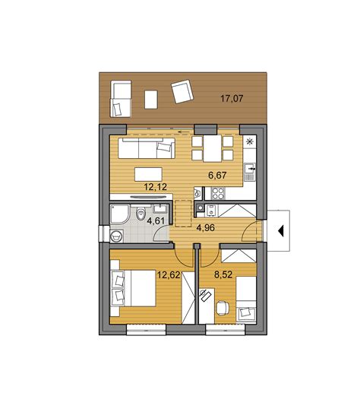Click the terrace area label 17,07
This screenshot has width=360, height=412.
(232, 99)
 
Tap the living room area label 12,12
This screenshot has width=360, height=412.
(156, 187)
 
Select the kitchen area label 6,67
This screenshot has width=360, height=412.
(217, 175)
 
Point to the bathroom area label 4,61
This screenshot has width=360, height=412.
(156, 220)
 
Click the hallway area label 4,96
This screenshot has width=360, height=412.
(206, 227)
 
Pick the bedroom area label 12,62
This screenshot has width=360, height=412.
(169, 275)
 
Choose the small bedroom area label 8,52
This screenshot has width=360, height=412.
(223, 274)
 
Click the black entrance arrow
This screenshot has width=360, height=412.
(281, 231)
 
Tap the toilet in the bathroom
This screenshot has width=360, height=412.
(141, 213)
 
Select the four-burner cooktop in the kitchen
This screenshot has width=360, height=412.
(218, 193)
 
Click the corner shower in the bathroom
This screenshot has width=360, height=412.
(119, 214)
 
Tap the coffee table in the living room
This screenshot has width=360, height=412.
(148, 174)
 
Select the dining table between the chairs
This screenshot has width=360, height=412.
(213, 148)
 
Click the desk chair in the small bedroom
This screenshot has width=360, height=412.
(223, 308)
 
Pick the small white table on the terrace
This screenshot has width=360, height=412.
(151, 100)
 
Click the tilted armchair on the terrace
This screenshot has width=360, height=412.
(182, 91)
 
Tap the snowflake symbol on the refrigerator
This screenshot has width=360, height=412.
(249, 142)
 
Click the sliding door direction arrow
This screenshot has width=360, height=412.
(184, 132)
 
